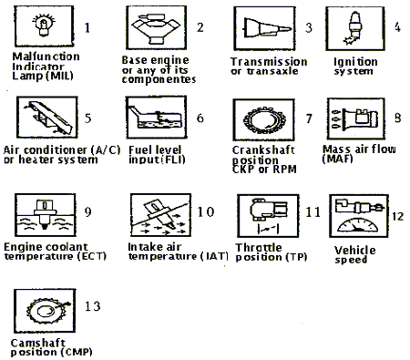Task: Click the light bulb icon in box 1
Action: (44, 25)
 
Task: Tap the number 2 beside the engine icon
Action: (200, 27)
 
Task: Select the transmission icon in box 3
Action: (267, 28)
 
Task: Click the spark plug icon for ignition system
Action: (354, 28)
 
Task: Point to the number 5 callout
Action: (87, 118)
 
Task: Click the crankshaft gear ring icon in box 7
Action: (264, 120)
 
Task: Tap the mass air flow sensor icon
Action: (355, 118)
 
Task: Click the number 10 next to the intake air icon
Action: (206, 211)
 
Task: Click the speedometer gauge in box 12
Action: (358, 225)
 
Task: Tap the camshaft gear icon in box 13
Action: (46, 311)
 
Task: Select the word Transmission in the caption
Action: (269, 61)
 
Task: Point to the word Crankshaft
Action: (263, 150)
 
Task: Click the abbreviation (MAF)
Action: (337, 159)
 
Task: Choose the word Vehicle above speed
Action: (354, 250)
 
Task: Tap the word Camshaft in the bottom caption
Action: (38, 343)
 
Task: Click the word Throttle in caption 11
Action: (259, 247)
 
